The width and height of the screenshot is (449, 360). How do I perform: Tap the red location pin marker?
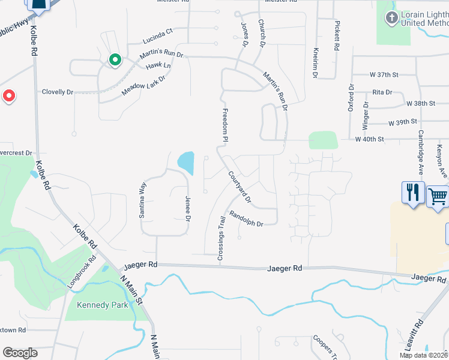tap(9, 96)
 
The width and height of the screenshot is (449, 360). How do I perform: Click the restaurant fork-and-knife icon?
tap(413, 193)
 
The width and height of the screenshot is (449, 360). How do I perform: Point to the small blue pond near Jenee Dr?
tap(186, 162)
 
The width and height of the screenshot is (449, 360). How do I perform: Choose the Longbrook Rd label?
tap(82, 272)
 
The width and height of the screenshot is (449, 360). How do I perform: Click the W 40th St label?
tap(369, 139)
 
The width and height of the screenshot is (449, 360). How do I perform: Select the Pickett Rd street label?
tap(337, 37)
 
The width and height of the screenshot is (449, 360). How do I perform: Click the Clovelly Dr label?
tap(57, 92)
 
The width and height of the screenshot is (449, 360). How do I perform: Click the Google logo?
tap(20, 353)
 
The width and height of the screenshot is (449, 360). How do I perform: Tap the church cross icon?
tap(392, 17)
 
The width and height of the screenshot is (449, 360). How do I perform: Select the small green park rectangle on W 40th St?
tap(323, 140)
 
